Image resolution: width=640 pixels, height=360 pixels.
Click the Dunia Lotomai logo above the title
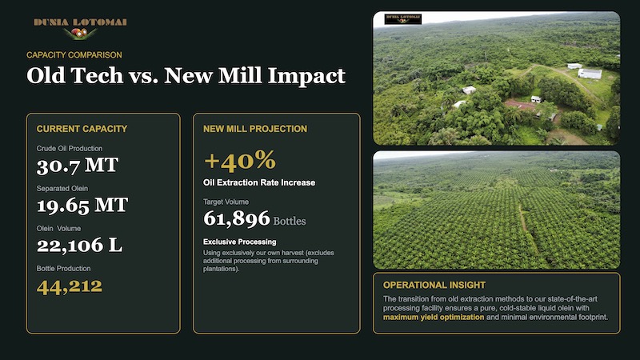(x=80, y=28)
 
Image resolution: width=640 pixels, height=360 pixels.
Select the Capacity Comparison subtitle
(x=74, y=55)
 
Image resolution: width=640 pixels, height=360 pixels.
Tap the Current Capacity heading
(x=82, y=129)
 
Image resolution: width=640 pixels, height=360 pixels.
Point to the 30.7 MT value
(x=78, y=166)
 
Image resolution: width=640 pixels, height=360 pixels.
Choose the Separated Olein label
(x=62, y=189)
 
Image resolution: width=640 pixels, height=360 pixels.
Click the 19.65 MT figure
(x=82, y=206)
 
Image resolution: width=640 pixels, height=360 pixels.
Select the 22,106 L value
(x=79, y=245)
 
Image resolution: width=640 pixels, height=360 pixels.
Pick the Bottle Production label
(x=64, y=269)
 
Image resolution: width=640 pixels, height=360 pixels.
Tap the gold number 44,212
(x=70, y=286)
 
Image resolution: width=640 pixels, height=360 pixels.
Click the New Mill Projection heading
(x=255, y=129)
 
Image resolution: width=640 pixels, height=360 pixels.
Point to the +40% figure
(x=240, y=160)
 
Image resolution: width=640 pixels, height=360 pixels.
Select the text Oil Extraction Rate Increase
(x=259, y=182)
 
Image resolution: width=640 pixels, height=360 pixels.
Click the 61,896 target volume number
(x=237, y=218)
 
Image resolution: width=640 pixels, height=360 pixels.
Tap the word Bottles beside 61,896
(x=290, y=222)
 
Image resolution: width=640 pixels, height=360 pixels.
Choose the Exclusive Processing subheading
(x=239, y=242)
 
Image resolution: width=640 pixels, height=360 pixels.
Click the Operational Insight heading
(x=434, y=285)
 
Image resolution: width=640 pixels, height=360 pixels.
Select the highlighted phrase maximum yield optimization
(x=434, y=317)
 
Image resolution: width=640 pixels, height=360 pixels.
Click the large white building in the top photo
(x=590, y=74)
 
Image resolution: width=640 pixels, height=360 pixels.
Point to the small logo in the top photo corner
(x=403, y=18)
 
